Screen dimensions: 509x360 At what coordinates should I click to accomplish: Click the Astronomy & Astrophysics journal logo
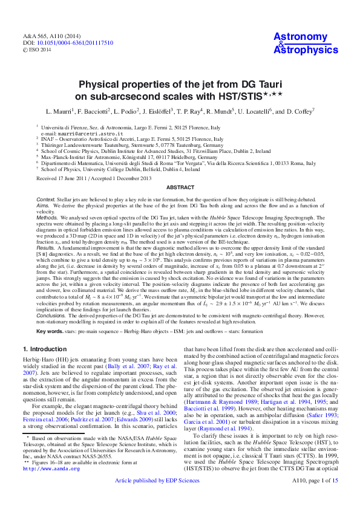tap(306, 44)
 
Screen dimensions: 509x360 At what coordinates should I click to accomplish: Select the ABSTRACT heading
tap(180, 188)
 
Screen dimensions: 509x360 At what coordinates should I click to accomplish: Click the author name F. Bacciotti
tap(96, 112)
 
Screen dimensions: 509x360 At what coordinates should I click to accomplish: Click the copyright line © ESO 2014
tap(38, 50)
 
